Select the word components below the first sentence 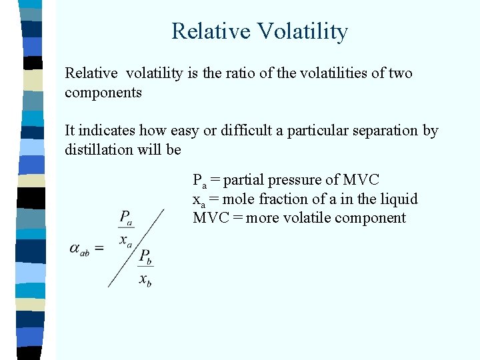(103, 93)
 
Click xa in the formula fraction (125, 241)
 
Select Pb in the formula (145, 257)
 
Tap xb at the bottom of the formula (145, 280)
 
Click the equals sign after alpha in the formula (99, 248)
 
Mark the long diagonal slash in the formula (136, 248)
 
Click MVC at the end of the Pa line (361, 180)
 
